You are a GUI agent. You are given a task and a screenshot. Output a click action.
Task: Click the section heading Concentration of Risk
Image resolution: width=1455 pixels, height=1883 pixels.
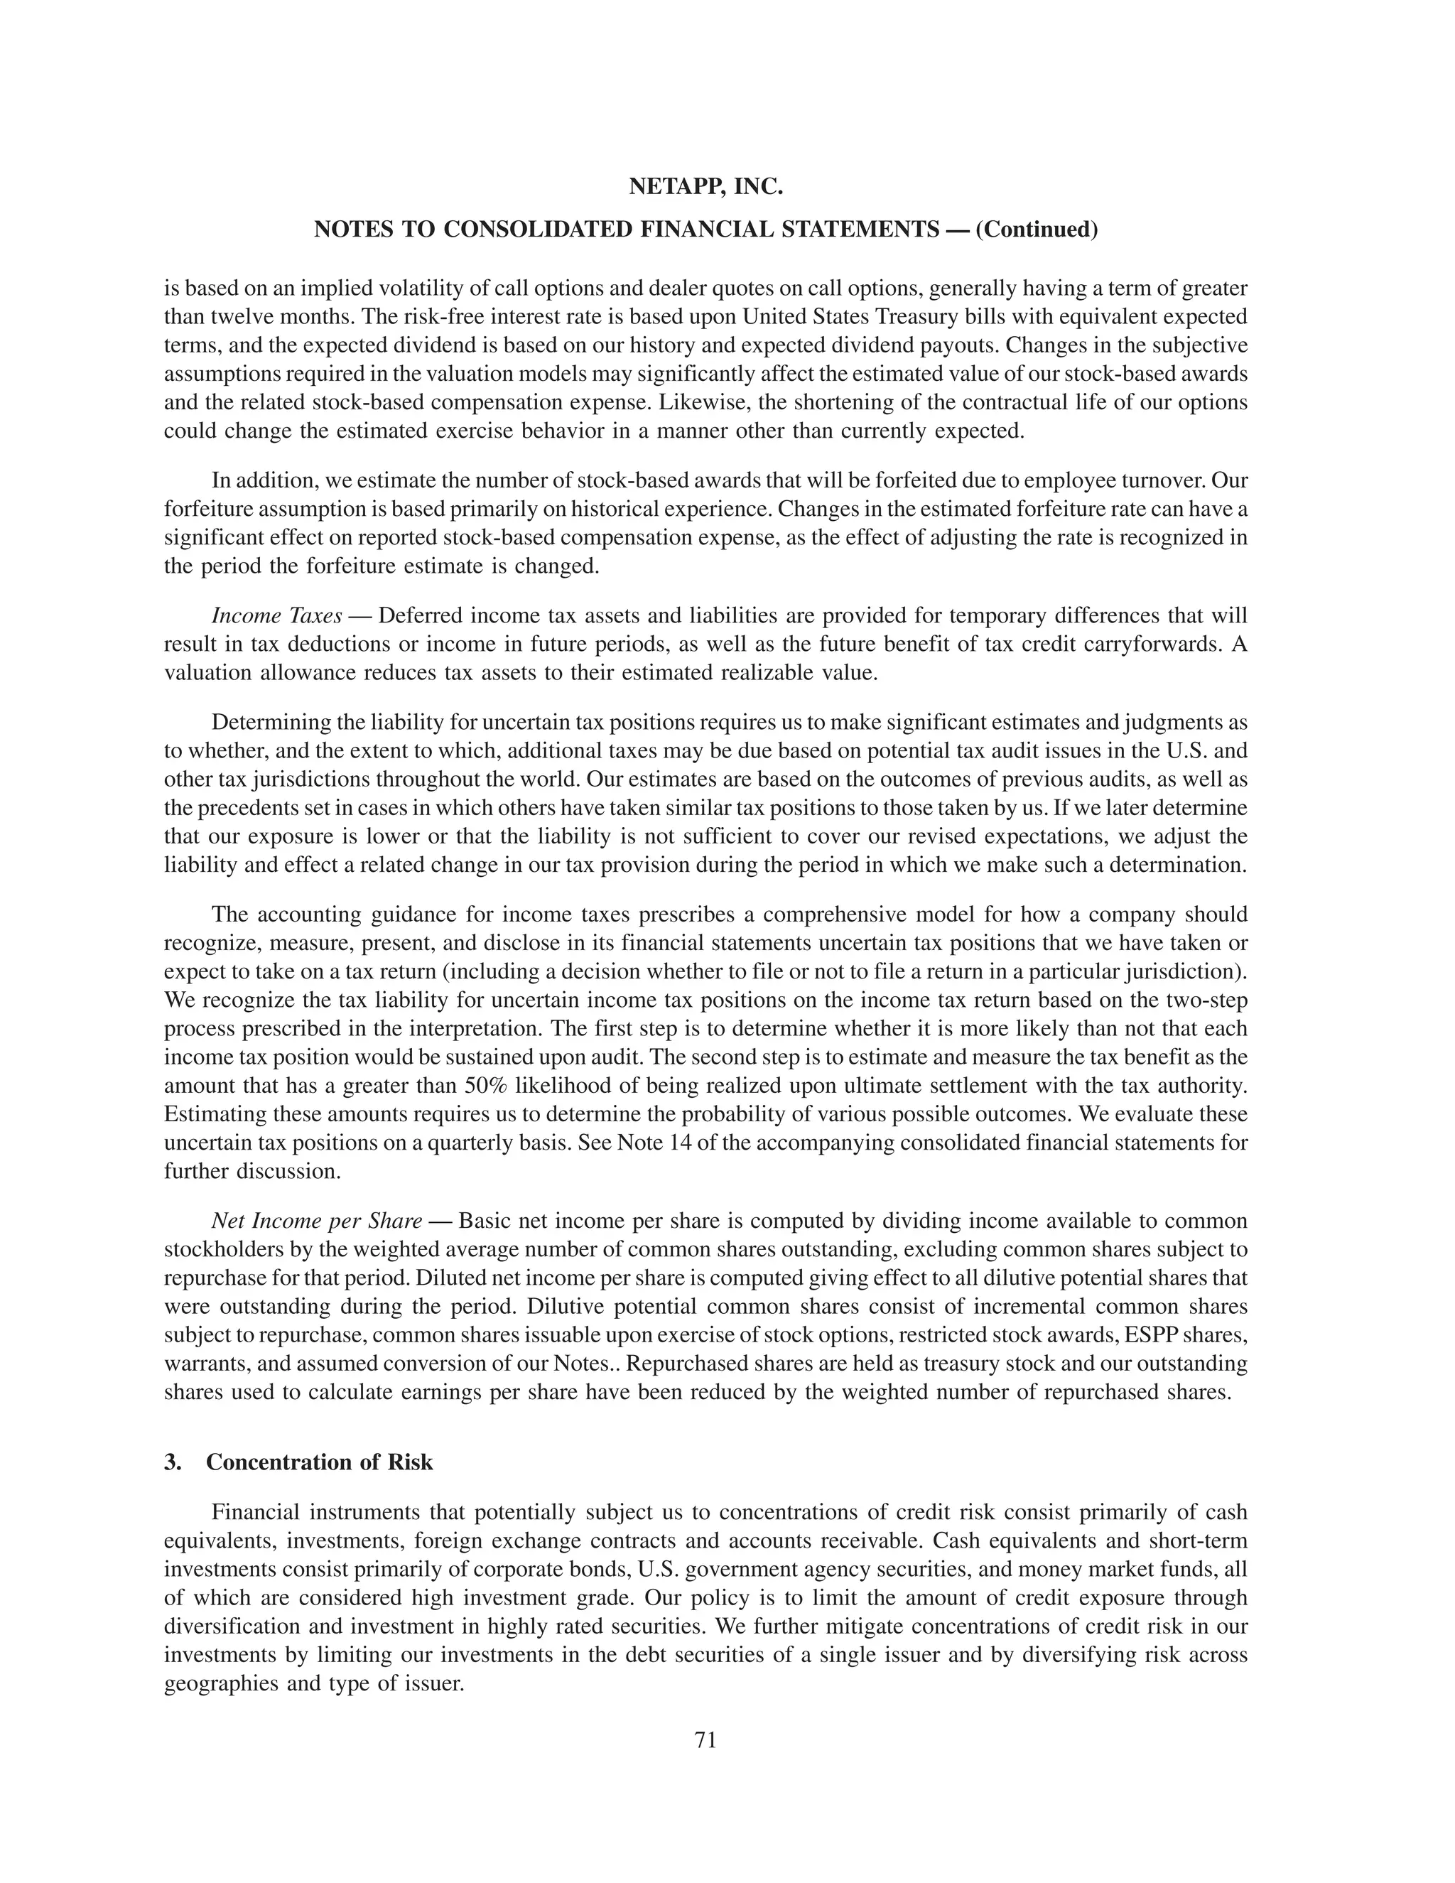320,1462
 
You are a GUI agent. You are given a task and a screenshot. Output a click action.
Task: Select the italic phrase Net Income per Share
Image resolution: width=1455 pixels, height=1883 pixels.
316,1221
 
